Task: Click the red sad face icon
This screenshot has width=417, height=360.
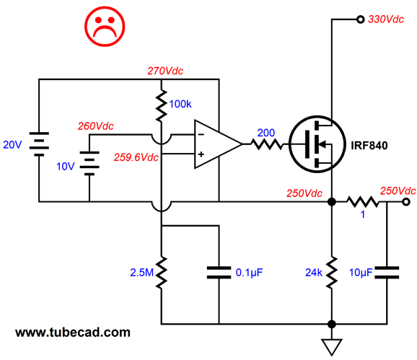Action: [x=105, y=26]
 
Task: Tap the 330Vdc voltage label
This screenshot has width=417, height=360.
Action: [x=386, y=19]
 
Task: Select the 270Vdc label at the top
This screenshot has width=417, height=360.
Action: [x=165, y=71]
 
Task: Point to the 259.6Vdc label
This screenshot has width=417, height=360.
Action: [x=136, y=157]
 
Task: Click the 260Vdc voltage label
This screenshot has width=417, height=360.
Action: [x=96, y=126]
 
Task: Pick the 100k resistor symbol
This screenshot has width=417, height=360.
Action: [x=161, y=105]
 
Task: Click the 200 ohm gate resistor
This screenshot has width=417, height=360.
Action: [x=266, y=144]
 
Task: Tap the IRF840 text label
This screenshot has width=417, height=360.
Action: [x=369, y=146]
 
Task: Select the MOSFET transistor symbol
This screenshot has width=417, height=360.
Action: [x=317, y=144]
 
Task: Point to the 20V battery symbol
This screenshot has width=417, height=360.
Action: [x=39, y=144]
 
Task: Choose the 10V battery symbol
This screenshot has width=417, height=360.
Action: [x=89, y=163]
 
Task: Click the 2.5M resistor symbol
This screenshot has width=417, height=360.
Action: [x=161, y=273]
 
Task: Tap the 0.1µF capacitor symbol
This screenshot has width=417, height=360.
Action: [x=219, y=273]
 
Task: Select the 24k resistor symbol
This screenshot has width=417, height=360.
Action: [x=332, y=273]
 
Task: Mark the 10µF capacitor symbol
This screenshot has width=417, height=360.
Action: [x=387, y=273]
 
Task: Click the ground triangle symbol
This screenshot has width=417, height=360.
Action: [x=332, y=347]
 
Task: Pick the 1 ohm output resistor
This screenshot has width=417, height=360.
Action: [x=363, y=202]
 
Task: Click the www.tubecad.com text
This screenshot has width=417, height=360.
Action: [x=73, y=333]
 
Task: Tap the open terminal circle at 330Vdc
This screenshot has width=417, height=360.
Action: [x=360, y=19]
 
